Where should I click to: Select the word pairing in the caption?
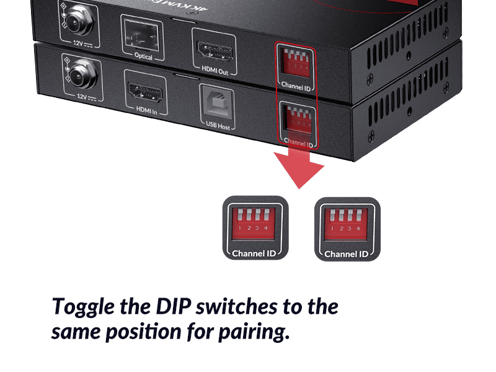pos(254,332)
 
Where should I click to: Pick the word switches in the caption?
pos(227,307)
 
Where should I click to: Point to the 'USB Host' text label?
pos(218,126)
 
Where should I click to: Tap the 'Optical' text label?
pos(143,57)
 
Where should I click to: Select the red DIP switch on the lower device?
pos(296,118)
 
